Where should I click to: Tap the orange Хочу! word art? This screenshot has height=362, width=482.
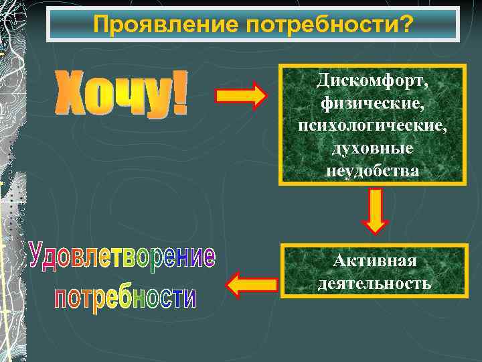tap(120, 94)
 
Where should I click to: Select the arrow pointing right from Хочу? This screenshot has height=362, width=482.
tap(241, 96)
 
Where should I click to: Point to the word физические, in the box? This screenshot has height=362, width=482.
tap(372, 105)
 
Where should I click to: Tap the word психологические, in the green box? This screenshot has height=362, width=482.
tap(372, 127)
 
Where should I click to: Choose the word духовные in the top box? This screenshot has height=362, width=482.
tap(372, 149)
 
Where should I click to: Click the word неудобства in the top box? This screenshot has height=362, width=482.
tap(372, 171)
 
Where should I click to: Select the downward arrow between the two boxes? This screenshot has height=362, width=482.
tap(375, 210)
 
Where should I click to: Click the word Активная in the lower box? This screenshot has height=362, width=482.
tap(375, 260)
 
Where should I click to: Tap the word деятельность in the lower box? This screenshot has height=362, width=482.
tap(375, 283)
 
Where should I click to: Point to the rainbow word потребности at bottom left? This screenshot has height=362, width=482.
tap(125, 298)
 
